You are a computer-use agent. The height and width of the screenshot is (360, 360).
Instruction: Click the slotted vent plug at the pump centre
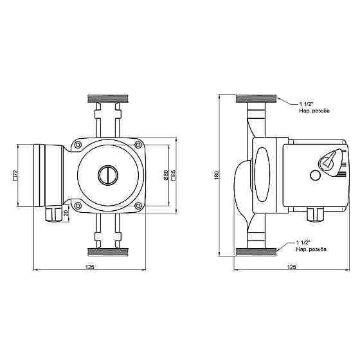108,175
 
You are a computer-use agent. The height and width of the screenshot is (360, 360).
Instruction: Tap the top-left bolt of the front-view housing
78,145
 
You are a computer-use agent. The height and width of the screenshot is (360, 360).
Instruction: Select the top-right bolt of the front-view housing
138,145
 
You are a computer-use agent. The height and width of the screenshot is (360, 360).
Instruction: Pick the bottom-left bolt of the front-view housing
78,206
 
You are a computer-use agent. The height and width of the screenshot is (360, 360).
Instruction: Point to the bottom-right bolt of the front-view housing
138,206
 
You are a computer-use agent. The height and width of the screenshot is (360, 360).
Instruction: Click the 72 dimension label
15,175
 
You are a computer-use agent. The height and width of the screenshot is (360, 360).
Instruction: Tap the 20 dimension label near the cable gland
66,213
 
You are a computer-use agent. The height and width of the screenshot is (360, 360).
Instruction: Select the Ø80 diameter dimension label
166,175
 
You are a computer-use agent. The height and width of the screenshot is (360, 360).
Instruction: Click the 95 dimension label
174,175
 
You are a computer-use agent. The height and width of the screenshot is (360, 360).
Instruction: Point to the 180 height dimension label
217,175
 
